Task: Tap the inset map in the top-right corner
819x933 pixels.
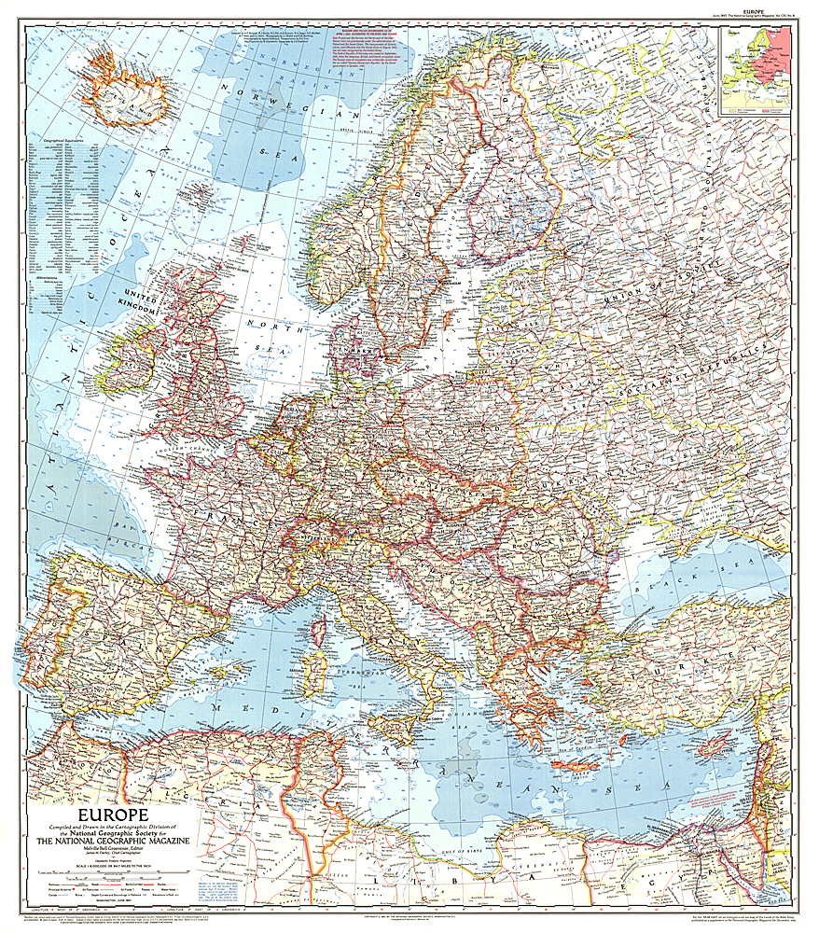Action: [756, 69]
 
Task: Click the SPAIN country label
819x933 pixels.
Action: [107, 634]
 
